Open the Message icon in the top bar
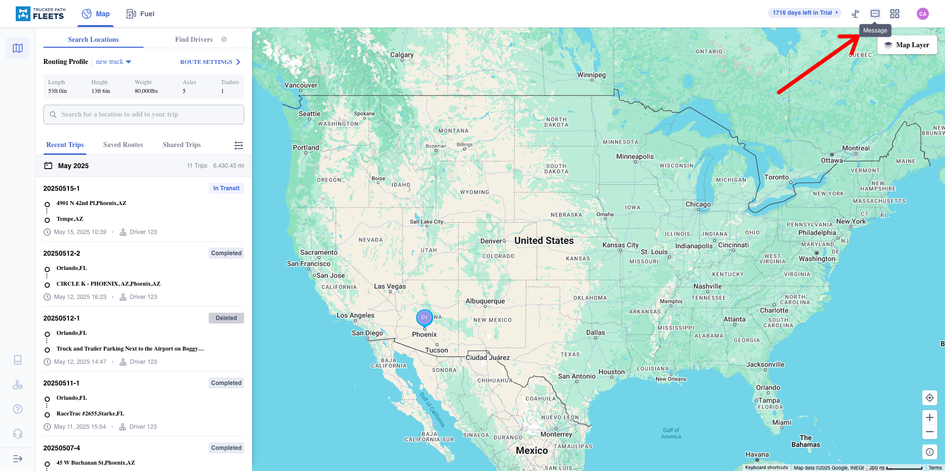click(875, 14)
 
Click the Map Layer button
click(907, 45)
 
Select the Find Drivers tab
click(194, 39)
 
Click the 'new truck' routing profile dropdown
click(114, 62)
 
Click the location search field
click(144, 115)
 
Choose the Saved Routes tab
click(123, 145)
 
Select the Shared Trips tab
click(182, 145)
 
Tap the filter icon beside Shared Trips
click(239, 145)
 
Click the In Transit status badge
click(226, 188)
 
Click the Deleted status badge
click(226, 318)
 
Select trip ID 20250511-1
click(62, 383)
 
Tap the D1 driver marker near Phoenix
click(424, 318)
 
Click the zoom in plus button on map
click(929, 417)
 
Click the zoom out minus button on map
click(929, 432)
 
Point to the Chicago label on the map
click(698, 204)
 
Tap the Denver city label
click(492, 241)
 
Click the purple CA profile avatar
click(922, 14)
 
